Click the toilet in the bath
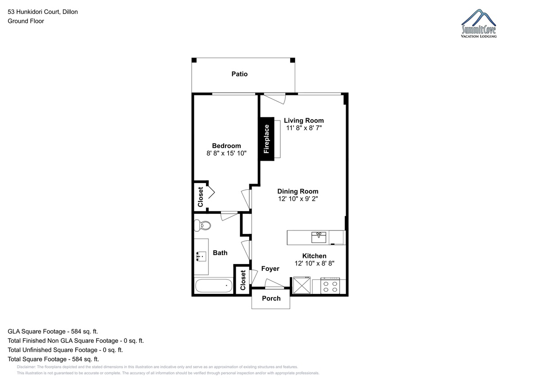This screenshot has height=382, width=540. (x=202, y=225)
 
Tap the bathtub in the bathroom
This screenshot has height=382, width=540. (x=214, y=286)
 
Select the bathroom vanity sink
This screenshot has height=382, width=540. (x=201, y=256)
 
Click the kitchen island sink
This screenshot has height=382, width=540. (x=319, y=238)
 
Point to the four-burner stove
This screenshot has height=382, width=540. (x=330, y=286)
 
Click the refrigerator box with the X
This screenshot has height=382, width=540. (x=301, y=285)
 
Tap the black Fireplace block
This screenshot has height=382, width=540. (x=266, y=139)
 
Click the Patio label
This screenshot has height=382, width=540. (x=239, y=74)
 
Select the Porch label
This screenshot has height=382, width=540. (x=271, y=298)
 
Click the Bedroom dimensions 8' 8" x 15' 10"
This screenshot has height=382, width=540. (x=226, y=153)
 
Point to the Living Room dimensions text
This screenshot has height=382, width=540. (x=304, y=128)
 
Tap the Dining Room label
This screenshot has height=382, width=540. (x=298, y=191)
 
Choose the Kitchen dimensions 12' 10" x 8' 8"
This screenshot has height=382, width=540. (x=315, y=263)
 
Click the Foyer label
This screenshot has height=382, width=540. (x=270, y=269)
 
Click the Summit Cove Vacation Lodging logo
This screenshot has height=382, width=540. (x=478, y=23)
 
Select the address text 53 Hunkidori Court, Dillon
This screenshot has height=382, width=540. (x=43, y=12)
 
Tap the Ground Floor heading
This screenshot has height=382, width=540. (x=26, y=21)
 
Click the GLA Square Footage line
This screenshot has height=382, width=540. (x=53, y=332)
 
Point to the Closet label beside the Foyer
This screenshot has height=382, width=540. (x=243, y=280)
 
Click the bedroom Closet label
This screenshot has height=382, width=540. (x=200, y=197)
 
